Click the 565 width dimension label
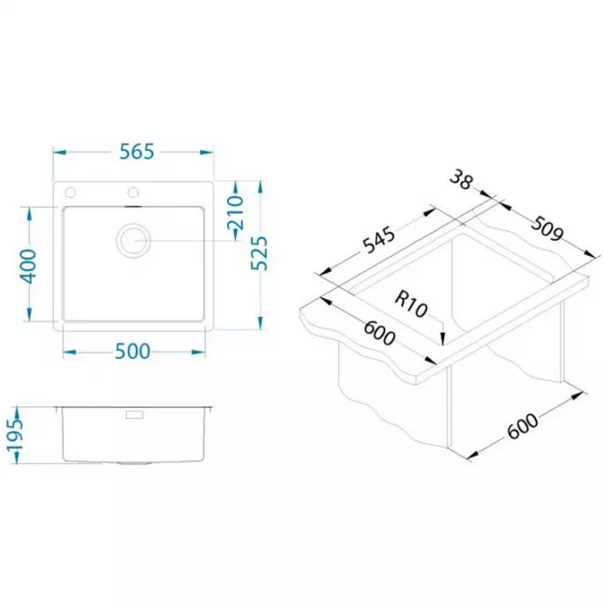click(x=136, y=152)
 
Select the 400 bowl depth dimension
click(x=28, y=266)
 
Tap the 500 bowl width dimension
click(x=133, y=352)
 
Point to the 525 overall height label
click(x=260, y=253)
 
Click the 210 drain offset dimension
click(x=235, y=213)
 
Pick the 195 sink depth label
click(x=15, y=435)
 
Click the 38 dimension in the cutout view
click(x=461, y=180)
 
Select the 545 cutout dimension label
click(x=380, y=241)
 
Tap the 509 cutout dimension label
click(x=547, y=229)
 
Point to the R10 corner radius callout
click(x=411, y=304)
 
